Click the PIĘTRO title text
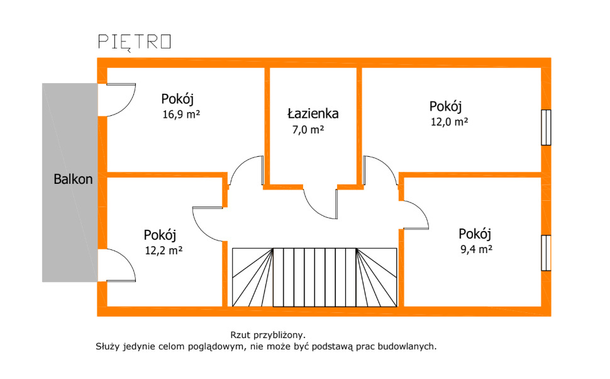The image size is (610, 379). pos(135,42)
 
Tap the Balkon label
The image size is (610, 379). pos(72,179)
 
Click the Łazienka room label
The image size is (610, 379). pos(313,114)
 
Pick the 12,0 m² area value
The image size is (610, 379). pos(448,122)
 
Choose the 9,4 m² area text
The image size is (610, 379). pos(476,249)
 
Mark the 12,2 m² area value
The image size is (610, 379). pos(164,250)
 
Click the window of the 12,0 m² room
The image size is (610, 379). pos(546,128)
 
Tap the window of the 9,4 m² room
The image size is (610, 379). pos(546,253)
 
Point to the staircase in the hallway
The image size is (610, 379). pos(314,277)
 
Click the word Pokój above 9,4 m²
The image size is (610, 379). pos(474,234)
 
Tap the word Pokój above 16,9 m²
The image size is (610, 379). pos(177,99)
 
